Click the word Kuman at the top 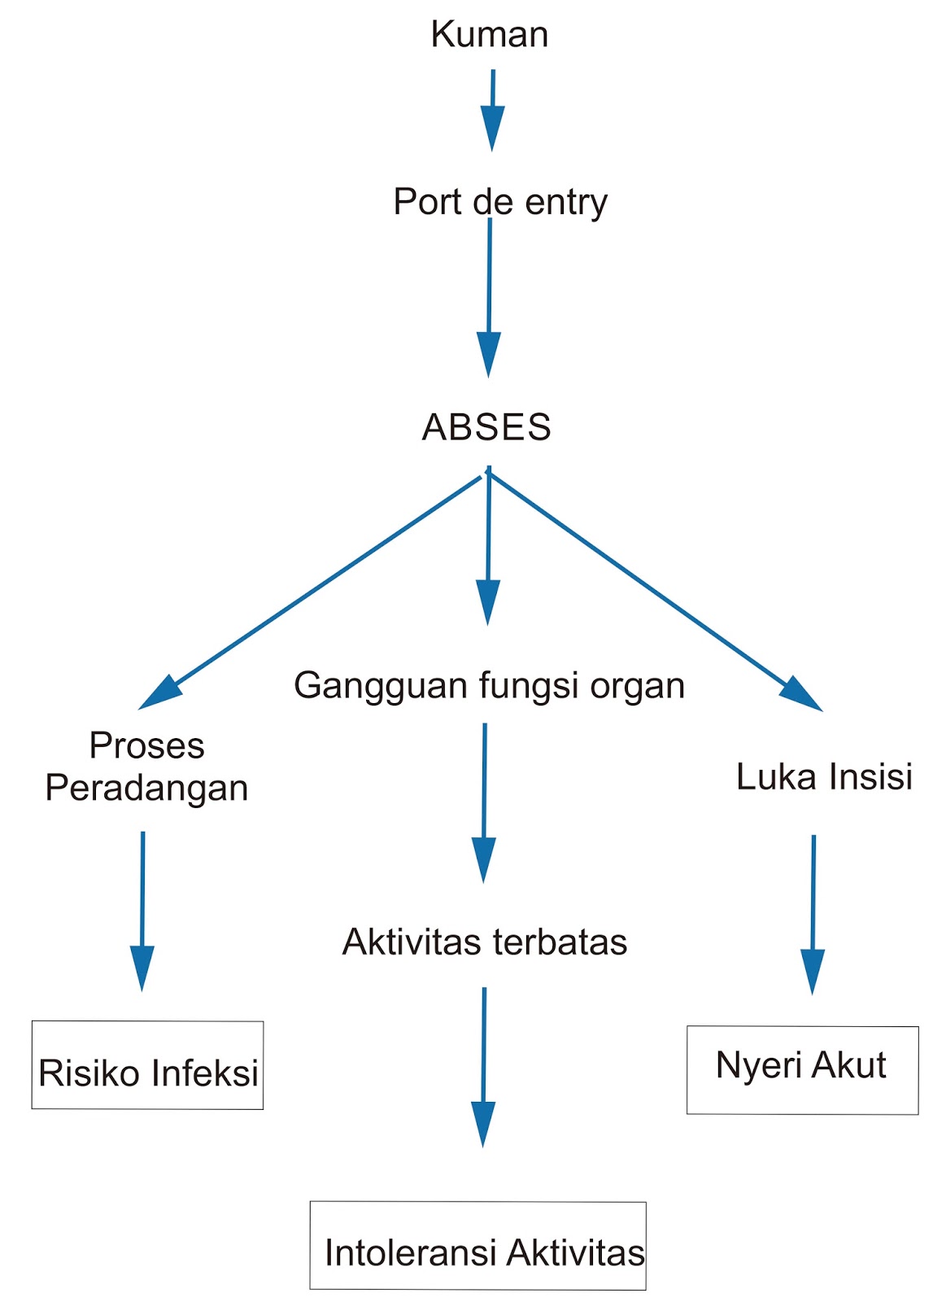click(489, 34)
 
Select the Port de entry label click(499, 202)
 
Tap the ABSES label click(486, 427)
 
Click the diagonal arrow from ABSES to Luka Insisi click(651, 590)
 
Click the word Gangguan click(381, 686)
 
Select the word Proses click(146, 745)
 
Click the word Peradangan click(146, 788)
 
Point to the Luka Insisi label click(823, 776)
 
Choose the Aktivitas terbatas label click(485, 942)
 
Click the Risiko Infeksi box click(147, 1065)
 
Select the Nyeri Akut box click(802, 1070)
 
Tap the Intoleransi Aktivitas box click(477, 1246)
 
